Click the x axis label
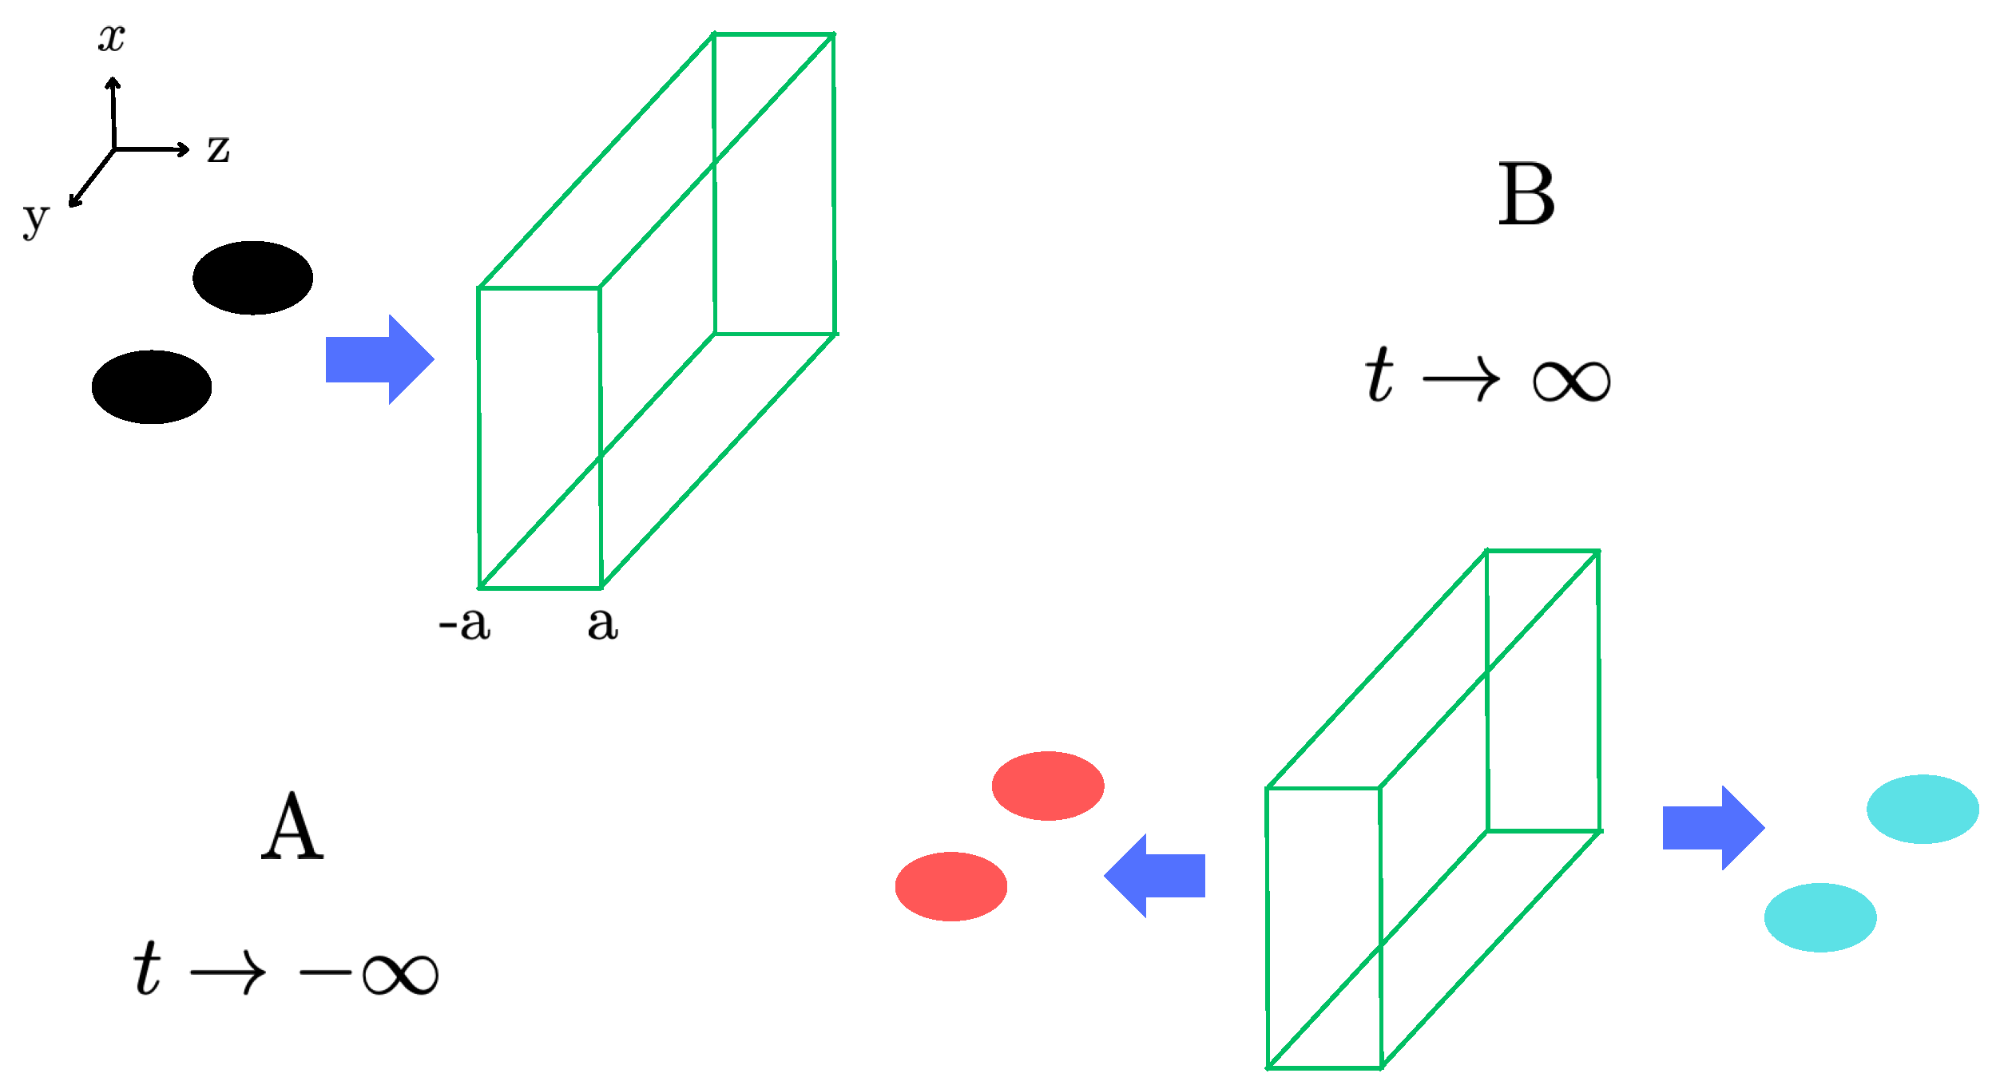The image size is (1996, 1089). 112,38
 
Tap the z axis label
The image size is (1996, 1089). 218,149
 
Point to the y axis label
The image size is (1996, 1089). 36,219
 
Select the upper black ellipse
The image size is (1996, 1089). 252,278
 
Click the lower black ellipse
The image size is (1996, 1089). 152,387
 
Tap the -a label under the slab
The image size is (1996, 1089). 465,624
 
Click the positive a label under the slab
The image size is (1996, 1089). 603,624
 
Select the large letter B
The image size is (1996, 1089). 1526,194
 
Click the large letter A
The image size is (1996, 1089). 292,827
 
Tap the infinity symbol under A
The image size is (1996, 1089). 400,974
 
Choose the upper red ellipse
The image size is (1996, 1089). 1048,786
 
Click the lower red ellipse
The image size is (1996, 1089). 951,887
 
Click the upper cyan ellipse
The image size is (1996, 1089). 1923,809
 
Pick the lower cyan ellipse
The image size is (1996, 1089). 1820,917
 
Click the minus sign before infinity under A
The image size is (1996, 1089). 325,972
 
